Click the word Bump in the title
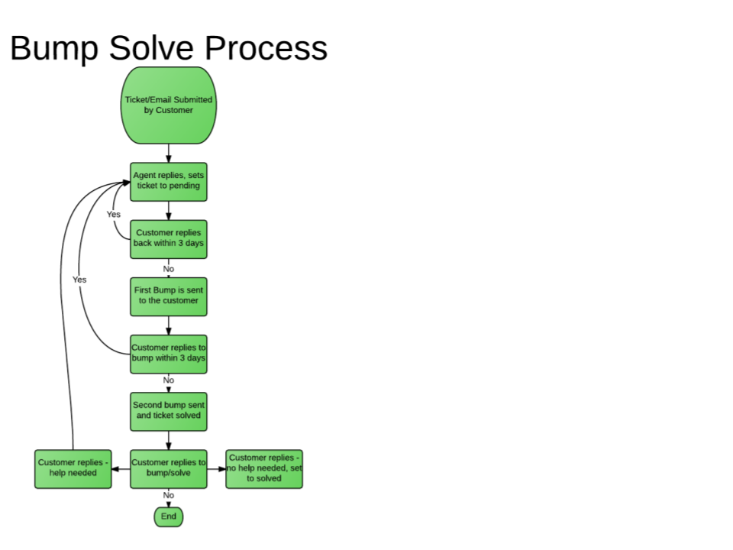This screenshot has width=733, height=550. [x=53, y=47]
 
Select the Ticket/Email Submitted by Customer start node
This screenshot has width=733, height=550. [x=168, y=105]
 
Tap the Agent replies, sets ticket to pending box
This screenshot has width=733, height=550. [x=168, y=181]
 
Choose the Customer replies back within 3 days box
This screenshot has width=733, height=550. [x=168, y=238]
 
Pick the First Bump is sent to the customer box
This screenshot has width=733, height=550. [x=168, y=296]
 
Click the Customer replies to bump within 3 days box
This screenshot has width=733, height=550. [x=168, y=354]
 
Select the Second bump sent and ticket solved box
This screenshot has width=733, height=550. [x=168, y=411]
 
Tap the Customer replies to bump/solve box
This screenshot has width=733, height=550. [x=168, y=468]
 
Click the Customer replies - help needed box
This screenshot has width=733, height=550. [x=73, y=468]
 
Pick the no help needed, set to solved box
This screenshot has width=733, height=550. [x=264, y=468]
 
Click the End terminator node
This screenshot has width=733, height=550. [x=168, y=517]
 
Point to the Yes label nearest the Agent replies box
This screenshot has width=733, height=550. [x=113, y=215]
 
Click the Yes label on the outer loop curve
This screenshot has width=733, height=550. [x=79, y=280]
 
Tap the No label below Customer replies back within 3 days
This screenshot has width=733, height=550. [x=168, y=269]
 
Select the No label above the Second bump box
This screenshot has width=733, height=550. [x=168, y=380]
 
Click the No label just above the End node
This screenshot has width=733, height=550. [x=168, y=495]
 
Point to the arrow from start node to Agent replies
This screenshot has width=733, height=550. [x=168, y=153]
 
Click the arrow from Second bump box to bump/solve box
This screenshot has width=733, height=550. [x=168, y=440]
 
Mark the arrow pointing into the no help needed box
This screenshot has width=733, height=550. [x=217, y=468]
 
